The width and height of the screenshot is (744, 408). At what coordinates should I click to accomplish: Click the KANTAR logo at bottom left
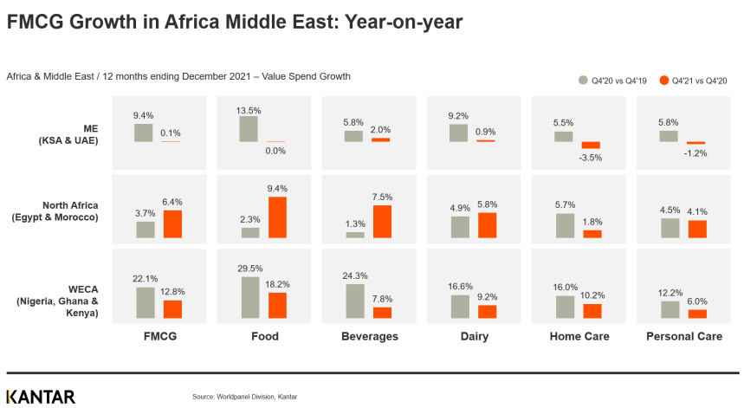[41, 397]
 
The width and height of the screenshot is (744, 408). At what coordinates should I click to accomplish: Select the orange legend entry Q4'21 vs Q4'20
[692, 81]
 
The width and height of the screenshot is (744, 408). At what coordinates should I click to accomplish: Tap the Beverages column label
[369, 336]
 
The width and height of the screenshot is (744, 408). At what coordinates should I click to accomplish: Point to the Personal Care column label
[684, 336]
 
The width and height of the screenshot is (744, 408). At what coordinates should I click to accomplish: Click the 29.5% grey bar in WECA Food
[249, 297]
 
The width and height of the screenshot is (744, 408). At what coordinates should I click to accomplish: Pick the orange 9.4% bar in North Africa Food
[277, 217]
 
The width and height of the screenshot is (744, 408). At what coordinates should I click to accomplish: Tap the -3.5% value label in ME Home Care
[591, 159]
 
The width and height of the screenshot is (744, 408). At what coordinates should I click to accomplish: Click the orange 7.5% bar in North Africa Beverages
[382, 221]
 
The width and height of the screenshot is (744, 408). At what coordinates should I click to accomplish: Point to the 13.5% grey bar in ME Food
[249, 129]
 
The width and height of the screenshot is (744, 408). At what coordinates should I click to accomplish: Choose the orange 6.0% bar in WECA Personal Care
[697, 314]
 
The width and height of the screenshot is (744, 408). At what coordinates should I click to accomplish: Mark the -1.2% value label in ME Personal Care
[696, 152]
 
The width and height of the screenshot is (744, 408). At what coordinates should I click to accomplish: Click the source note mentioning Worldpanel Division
[244, 397]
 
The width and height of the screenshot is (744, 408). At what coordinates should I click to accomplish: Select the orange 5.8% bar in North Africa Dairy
[488, 225]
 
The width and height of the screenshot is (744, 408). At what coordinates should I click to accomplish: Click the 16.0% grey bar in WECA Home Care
[565, 307]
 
